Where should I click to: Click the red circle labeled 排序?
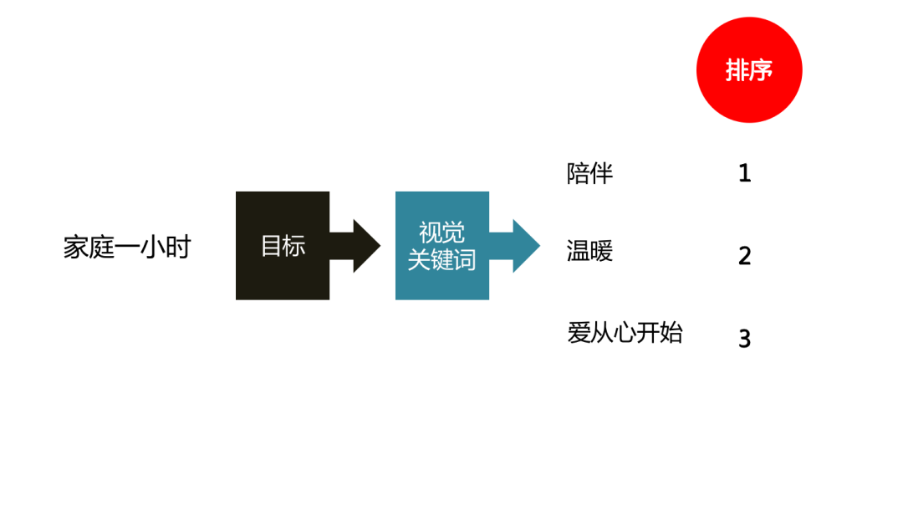[x=749, y=70]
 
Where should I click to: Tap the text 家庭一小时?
[x=127, y=247]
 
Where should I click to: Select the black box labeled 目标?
[x=283, y=245]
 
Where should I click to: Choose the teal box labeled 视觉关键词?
[x=441, y=245]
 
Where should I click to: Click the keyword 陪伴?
[x=589, y=173]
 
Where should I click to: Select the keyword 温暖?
[x=589, y=251]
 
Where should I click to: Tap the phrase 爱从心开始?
[x=625, y=333]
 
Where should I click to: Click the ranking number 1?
[x=745, y=173]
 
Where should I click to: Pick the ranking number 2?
[x=745, y=256]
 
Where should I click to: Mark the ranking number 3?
[x=745, y=339]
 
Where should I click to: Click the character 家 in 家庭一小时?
[x=76, y=247]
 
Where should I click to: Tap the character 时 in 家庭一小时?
[x=179, y=247]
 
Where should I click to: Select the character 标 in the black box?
[x=294, y=245]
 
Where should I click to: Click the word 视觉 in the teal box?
[x=441, y=232]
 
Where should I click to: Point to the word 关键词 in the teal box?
[x=441, y=259]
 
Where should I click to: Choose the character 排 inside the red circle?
[x=737, y=70]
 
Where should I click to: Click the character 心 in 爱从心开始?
[x=625, y=333]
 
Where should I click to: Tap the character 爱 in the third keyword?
[x=579, y=333]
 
